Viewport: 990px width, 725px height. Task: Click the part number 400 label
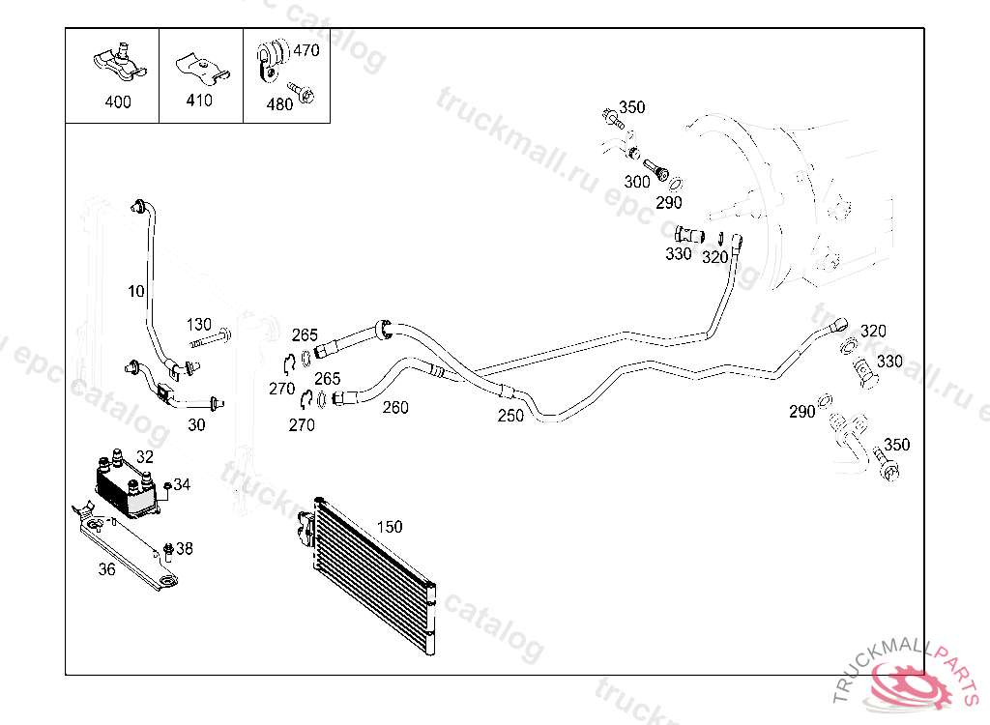pyautogui.click(x=118, y=102)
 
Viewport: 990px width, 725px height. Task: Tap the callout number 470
pyautogui.click(x=306, y=50)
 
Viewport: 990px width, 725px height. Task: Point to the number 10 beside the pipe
pyautogui.click(x=135, y=290)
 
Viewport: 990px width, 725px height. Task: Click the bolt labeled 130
pyautogui.click(x=211, y=341)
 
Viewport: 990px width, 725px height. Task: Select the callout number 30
pyautogui.click(x=196, y=424)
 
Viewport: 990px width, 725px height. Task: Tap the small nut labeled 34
pyautogui.click(x=167, y=485)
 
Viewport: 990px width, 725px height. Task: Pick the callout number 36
pyautogui.click(x=106, y=569)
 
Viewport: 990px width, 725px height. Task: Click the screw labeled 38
pyautogui.click(x=167, y=551)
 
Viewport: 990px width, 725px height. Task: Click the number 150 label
pyautogui.click(x=389, y=527)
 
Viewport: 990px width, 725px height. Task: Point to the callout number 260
pyautogui.click(x=394, y=407)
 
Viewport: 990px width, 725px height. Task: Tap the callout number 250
pyautogui.click(x=510, y=416)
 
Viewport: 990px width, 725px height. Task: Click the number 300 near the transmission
pyautogui.click(x=637, y=182)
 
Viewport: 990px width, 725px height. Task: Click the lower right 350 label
pyautogui.click(x=897, y=446)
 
